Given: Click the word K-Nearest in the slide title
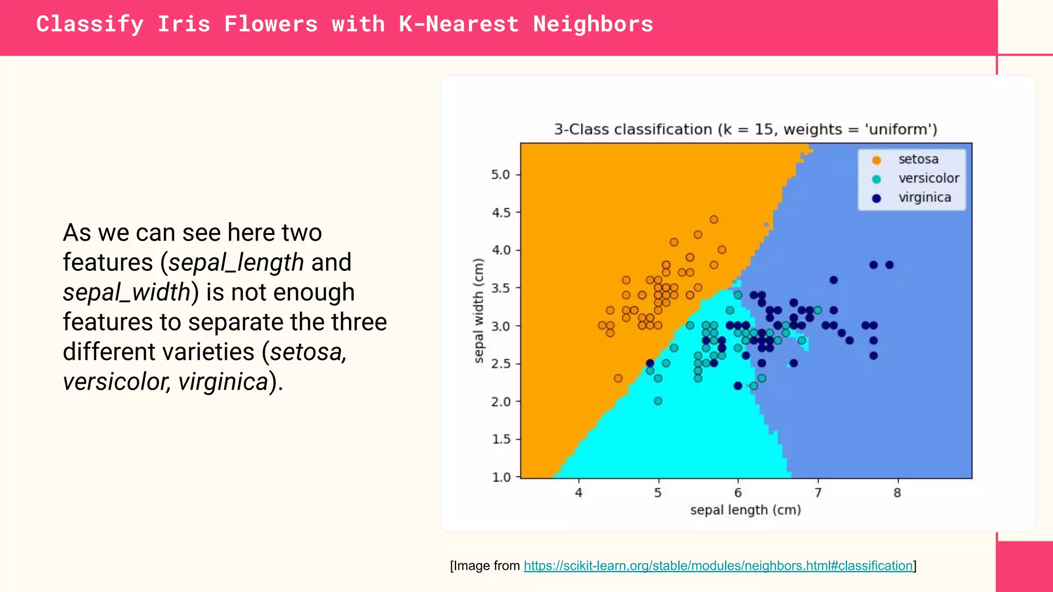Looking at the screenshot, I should (459, 24).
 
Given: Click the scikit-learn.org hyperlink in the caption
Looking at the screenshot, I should (718, 566).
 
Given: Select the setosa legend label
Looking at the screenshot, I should (918, 159).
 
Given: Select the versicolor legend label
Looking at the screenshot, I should (929, 178).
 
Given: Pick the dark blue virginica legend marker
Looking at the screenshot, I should (877, 198).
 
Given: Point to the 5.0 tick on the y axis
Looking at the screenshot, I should (500, 175).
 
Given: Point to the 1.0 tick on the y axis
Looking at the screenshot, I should (501, 477).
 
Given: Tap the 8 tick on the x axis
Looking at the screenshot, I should (897, 493).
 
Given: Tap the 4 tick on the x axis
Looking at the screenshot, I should (578, 493).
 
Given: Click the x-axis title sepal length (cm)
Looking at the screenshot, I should (746, 510).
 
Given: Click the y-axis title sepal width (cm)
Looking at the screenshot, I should (479, 311).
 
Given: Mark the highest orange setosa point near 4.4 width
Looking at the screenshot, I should (714, 219).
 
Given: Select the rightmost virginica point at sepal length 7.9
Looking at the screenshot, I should (889, 265).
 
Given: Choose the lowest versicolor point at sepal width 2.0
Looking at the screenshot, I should (658, 401).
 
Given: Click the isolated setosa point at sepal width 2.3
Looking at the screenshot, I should (618, 378).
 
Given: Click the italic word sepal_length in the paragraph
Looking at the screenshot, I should (236, 263).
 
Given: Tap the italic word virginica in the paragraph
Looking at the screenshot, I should (223, 382).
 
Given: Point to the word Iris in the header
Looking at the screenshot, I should (184, 24).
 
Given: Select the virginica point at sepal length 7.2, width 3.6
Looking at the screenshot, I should (833, 280).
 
